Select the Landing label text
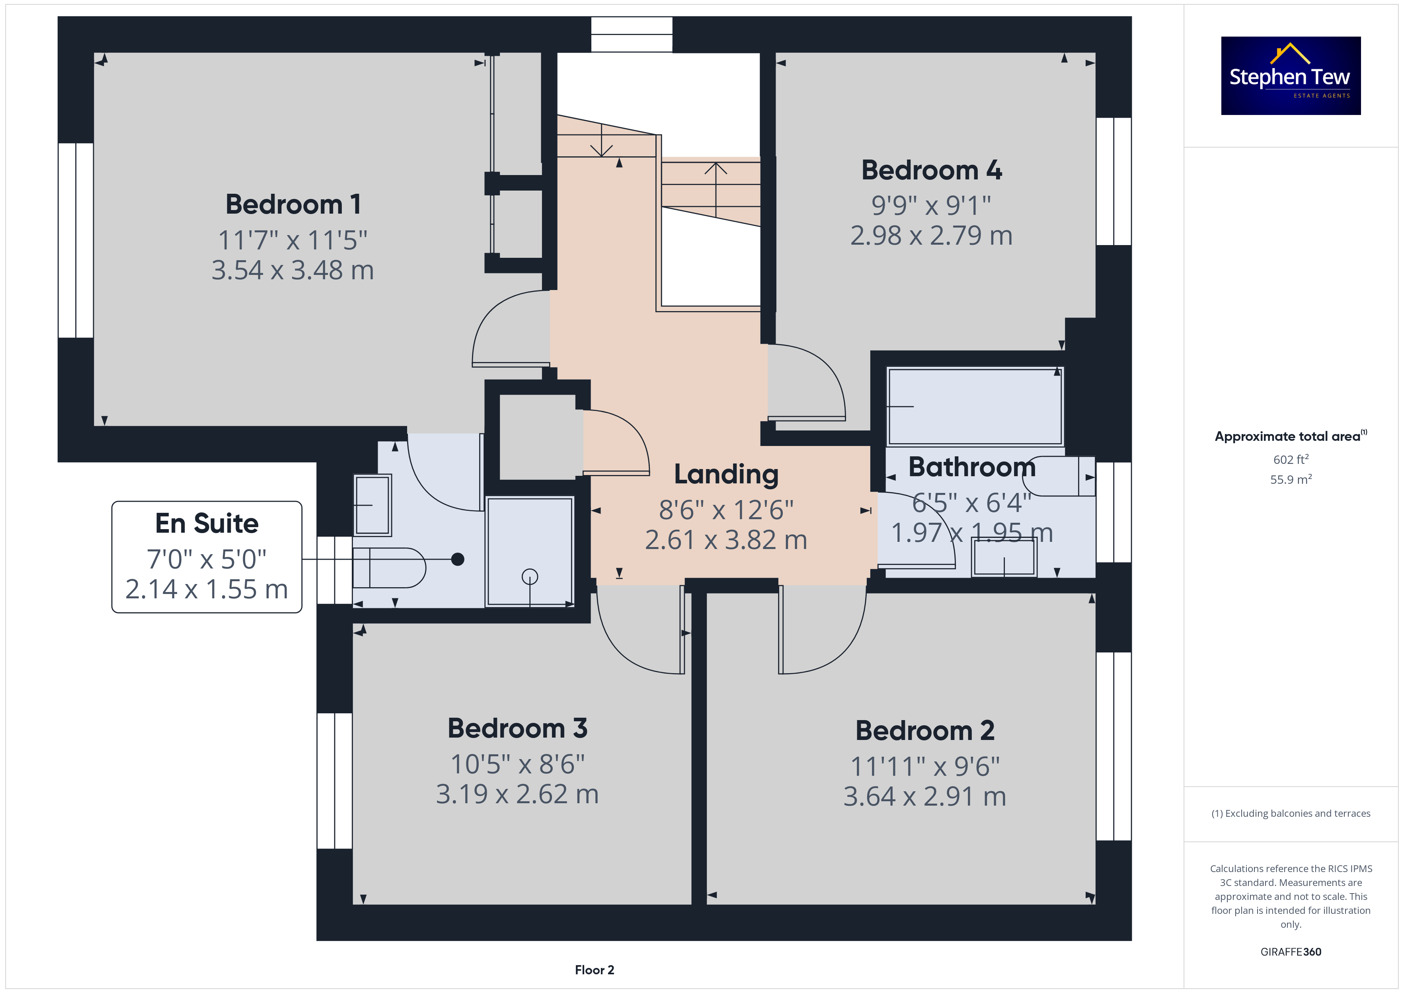(x=726, y=475)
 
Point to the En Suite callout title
(x=207, y=524)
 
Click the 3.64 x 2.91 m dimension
(x=924, y=796)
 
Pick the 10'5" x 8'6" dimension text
(x=517, y=764)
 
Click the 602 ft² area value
(x=1291, y=459)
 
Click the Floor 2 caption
(x=595, y=970)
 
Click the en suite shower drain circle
(x=530, y=576)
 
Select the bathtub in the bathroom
(x=975, y=406)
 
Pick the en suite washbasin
(x=372, y=505)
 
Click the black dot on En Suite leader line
(x=457, y=559)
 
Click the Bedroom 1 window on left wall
(x=76, y=240)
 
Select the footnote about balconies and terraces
(x=1291, y=813)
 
